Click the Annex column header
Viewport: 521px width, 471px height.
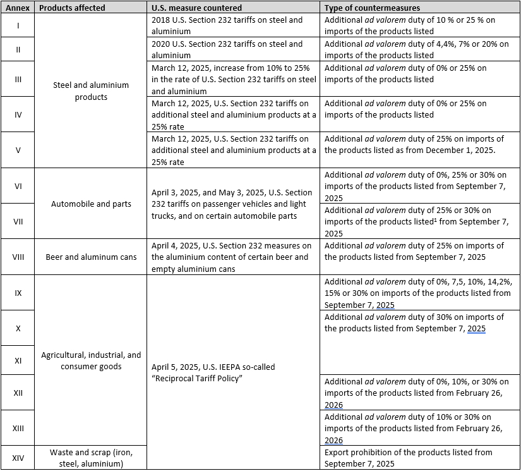click(18, 8)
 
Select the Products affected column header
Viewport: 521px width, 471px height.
click(72, 8)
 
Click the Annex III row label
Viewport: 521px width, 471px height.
click(18, 79)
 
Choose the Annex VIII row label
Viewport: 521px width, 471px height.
click(18, 257)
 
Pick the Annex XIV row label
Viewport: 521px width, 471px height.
click(18, 458)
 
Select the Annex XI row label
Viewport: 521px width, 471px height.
click(18, 360)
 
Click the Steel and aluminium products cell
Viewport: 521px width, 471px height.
click(91, 91)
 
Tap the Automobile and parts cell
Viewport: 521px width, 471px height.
click(91, 204)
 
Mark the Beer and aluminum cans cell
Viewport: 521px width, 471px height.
click(91, 257)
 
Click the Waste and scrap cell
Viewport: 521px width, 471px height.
click(91, 458)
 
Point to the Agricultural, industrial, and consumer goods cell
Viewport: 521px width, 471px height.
click(91, 360)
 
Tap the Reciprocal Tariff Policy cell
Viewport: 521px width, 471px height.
click(213, 372)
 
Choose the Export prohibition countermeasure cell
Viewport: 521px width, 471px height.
click(407, 458)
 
